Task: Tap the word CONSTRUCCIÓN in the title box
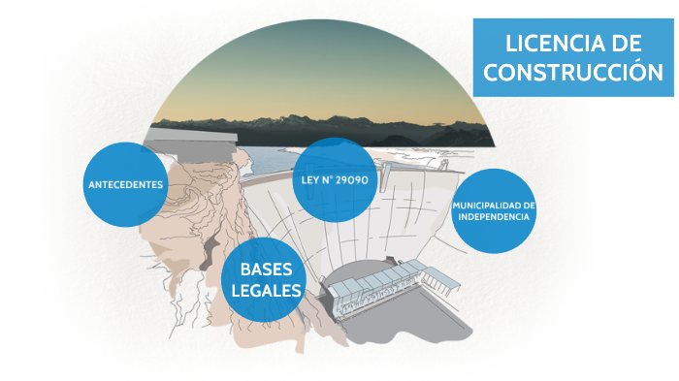(573, 72)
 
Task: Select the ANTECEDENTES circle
(126, 184)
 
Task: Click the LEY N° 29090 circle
(334, 179)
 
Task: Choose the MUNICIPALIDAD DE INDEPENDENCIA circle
(495, 211)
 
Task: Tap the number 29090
(350, 179)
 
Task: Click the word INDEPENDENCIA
(495, 217)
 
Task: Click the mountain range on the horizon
(320, 124)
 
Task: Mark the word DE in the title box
(622, 44)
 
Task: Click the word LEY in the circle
(307, 179)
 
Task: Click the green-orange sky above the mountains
(320, 78)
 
